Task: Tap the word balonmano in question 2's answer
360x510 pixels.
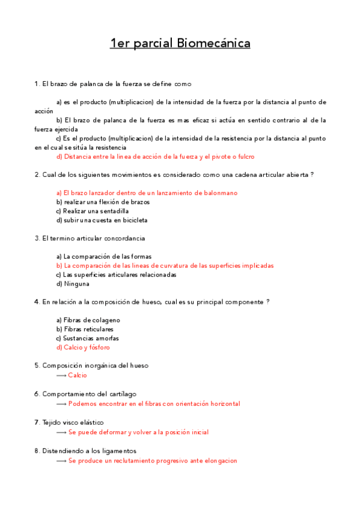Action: pyautogui.click(x=219, y=192)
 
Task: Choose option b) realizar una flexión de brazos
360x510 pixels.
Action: pyautogui.click(x=103, y=202)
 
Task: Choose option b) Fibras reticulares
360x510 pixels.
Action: pyautogui.click(x=85, y=329)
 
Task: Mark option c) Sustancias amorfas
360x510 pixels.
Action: pyautogui.click(x=87, y=338)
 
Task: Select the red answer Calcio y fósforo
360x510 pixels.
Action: pyautogui.click(x=83, y=347)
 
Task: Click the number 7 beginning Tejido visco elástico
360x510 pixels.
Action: pyautogui.click(x=37, y=422)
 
